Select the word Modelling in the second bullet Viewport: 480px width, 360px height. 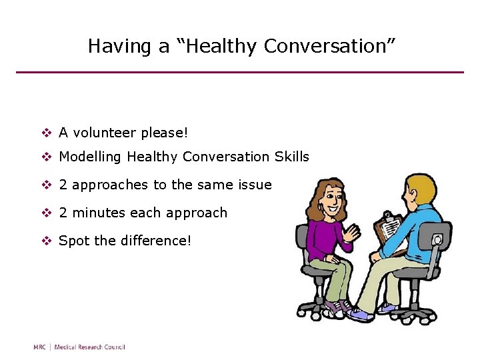coord(91,157)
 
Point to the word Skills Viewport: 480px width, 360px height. coord(291,157)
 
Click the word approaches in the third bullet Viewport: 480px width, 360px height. coord(111,185)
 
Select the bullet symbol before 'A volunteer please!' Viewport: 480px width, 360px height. coord(46,133)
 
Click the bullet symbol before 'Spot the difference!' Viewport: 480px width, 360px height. coord(46,240)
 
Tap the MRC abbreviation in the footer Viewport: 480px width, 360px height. coord(41,347)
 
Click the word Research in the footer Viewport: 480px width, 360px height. coord(85,347)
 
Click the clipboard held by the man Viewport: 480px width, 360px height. coord(389,230)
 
